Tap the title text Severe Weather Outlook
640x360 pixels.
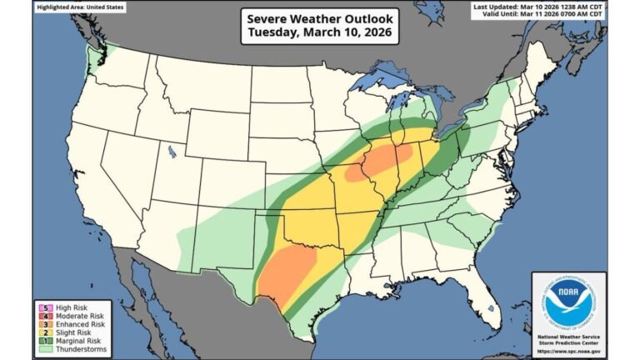(x=320, y=17)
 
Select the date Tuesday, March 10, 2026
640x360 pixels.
(x=320, y=32)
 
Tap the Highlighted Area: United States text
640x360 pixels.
(x=81, y=7)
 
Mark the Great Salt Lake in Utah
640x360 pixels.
(x=172, y=152)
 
